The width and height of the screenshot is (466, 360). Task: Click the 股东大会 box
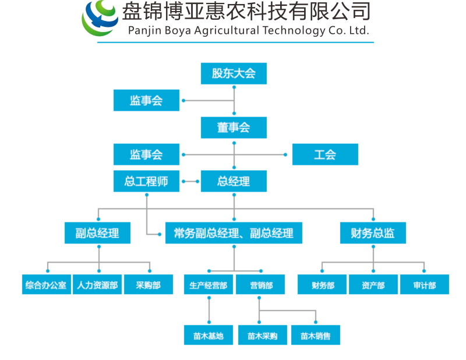coord(234,73)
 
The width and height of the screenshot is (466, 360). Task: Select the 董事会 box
coord(234,128)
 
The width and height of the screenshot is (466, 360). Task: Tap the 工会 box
coord(325,154)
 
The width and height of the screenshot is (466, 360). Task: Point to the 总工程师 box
coord(146,181)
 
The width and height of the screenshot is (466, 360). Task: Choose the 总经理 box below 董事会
coord(234,181)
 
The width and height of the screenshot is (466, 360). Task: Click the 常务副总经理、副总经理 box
coord(234,233)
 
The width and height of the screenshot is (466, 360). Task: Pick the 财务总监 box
coord(373,233)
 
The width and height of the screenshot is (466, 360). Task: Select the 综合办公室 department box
coord(47,285)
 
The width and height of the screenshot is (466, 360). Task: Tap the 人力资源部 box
coord(97,285)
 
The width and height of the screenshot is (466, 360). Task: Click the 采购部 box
coord(148,285)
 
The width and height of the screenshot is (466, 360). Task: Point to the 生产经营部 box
coord(209,285)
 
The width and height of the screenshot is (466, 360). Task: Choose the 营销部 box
coord(260,285)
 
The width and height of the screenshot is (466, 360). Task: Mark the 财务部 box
coord(322,285)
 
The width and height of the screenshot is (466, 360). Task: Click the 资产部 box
coord(373,285)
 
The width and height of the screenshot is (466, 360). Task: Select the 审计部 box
coord(424,285)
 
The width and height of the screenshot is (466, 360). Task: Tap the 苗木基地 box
coord(209,336)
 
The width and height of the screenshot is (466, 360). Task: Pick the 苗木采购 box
coord(262,336)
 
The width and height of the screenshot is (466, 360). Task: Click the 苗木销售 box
coord(316,336)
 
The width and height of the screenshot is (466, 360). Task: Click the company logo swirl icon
coord(100,19)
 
